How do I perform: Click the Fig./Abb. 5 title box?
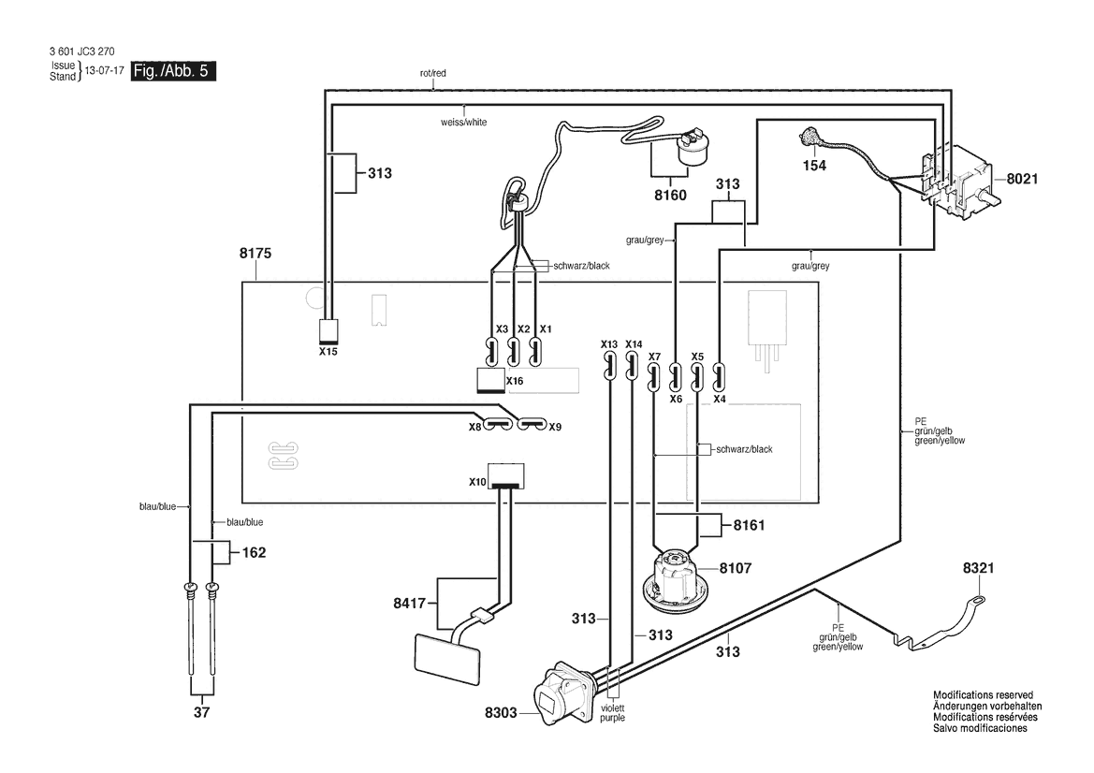pyautogui.click(x=173, y=71)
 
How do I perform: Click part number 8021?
pyautogui.click(x=1022, y=180)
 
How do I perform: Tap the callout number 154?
pyautogui.click(x=814, y=166)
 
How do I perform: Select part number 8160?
pyautogui.click(x=670, y=196)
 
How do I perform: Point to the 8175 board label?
pyautogui.click(x=255, y=254)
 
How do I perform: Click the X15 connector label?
pyautogui.click(x=328, y=352)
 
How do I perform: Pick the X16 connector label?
pyautogui.click(x=515, y=381)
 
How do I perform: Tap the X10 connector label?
pyautogui.click(x=477, y=482)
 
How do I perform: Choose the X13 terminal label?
pyautogui.click(x=609, y=344)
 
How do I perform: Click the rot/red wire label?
pyautogui.click(x=432, y=73)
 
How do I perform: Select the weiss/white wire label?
pyautogui.click(x=464, y=122)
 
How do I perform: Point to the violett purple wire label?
pyautogui.click(x=613, y=713)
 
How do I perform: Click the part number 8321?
pyautogui.click(x=978, y=569)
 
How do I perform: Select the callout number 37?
pyautogui.click(x=201, y=713)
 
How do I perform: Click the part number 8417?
pyautogui.click(x=410, y=604)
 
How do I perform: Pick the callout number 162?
pyautogui.click(x=254, y=553)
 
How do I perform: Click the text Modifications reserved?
pyautogui.click(x=983, y=695)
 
